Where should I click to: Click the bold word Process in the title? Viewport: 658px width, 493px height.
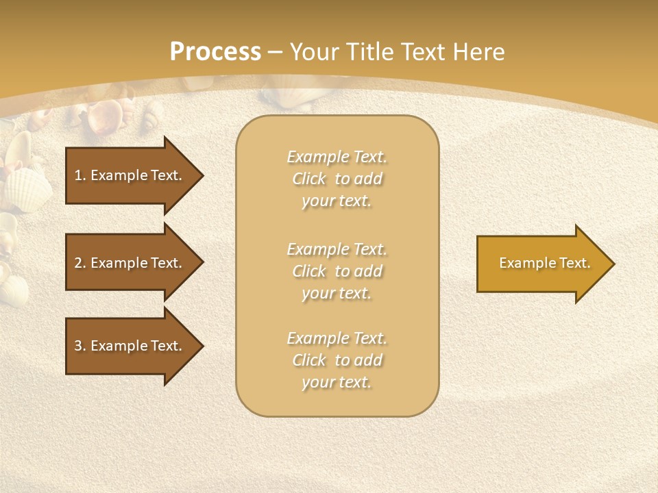pos(215,52)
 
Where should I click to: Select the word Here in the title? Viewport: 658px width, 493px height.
pos(479,52)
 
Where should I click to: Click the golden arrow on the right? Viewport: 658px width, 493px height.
pos(541,263)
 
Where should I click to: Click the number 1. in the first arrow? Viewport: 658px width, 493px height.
pos(80,175)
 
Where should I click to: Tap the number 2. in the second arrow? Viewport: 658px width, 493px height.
pos(80,263)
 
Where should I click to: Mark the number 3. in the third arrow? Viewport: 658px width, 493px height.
pos(80,346)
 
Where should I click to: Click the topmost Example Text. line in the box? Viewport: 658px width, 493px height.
pos(337,157)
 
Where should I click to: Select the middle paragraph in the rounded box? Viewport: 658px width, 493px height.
pos(337,271)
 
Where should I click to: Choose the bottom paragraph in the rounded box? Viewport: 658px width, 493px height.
pos(337,360)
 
